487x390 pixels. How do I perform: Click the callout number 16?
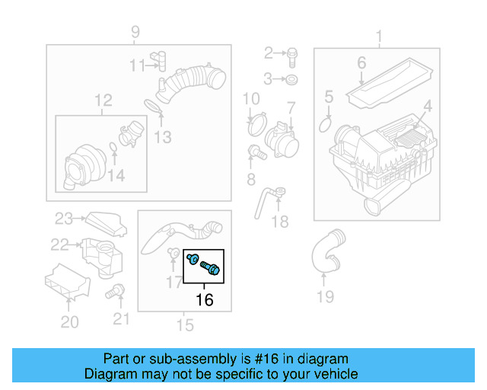[204, 300]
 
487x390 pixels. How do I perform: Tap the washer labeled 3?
[293, 78]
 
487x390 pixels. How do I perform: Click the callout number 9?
[135, 32]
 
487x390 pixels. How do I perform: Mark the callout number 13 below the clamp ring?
[162, 137]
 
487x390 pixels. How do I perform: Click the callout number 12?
[103, 100]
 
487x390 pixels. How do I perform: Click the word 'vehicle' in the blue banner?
[335, 374]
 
